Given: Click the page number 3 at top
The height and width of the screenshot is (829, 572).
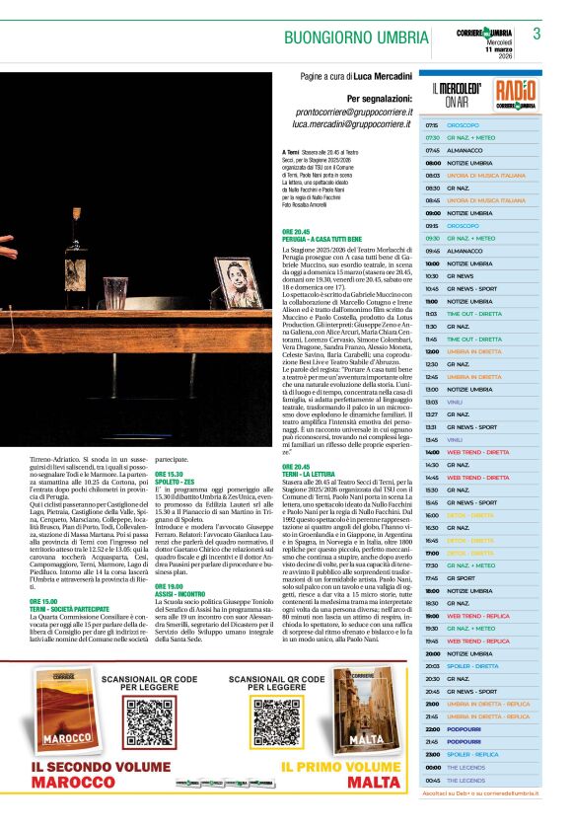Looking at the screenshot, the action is (x=536, y=34).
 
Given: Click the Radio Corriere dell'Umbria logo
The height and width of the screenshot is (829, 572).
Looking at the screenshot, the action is (x=516, y=96).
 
